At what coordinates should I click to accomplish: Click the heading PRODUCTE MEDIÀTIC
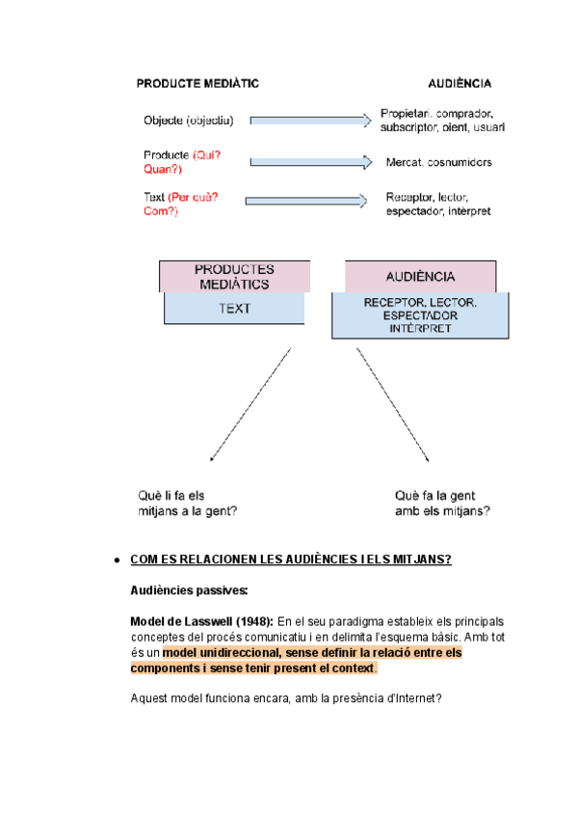(x=197, y=83)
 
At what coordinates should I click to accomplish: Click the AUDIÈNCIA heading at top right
(x=460, y=83)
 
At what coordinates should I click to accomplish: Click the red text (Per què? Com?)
(x=182, y=204)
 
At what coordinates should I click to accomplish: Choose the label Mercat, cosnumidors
(x=438, y=162)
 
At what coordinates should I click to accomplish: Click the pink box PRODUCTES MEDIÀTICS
(x=234, y=276)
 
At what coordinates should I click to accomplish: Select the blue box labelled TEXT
(x=234, y=309)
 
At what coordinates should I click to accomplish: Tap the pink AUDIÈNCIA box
(x=420, y=276)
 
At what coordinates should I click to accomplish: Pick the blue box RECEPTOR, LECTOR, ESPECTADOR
(x=420, y=315)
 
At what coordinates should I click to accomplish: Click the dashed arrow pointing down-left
(x=250, y=404)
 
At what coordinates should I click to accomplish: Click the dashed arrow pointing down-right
(x=393, y=404)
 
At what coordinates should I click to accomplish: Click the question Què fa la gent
(x=442, y=503)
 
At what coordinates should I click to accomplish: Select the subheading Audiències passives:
(x=189, y=589)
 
